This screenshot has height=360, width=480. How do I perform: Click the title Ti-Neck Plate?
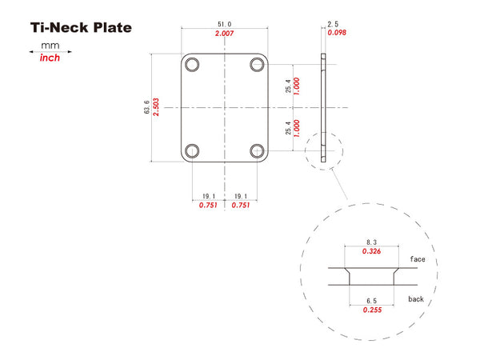tap(81, 27)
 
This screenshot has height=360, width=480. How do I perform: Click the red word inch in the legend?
tap(50, 58)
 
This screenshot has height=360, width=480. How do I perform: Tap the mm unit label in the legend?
tap(50, 46)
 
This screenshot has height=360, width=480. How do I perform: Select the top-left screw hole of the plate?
tap(192, 65)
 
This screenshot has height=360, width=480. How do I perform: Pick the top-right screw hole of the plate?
tap(257, 65)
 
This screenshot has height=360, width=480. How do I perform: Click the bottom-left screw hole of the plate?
tap(192, 151)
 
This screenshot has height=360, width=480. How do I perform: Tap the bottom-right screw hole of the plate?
tap(257, 151)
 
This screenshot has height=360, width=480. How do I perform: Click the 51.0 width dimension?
tap(224, 24)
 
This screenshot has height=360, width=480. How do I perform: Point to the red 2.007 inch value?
tap(224, 33)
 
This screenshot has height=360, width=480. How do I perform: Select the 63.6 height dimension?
tap(146, 107)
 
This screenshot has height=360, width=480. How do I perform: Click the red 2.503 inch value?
tap(156, 107)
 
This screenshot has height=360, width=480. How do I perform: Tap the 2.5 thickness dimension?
tap(333, 24)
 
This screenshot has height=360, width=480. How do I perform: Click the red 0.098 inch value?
tap(337, 33)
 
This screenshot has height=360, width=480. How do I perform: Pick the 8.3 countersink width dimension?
tap(372, 242)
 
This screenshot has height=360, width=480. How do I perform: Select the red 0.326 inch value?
tap(371, 251)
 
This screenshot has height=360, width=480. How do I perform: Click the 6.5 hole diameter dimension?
tap(372, 301)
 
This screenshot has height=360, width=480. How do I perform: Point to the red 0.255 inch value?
tap(372, 310)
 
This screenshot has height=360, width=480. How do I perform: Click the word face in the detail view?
tap(418, 259)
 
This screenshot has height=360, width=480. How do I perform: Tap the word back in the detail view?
tap(416, 298)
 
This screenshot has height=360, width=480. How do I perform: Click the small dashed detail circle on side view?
tap(324, 151)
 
